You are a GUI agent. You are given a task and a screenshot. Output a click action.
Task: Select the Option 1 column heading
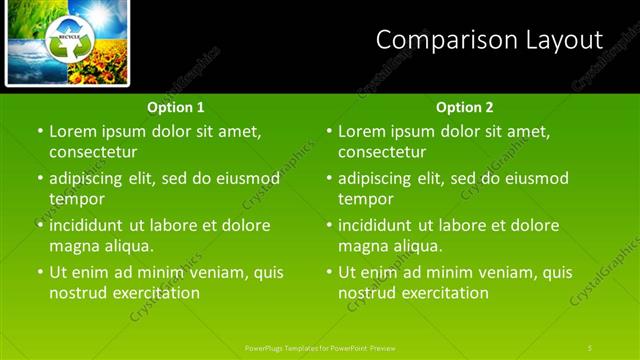(x=176, y=107)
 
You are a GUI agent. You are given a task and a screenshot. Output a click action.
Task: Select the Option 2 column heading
(x=465, y=107)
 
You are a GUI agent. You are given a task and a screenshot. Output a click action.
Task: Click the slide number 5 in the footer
(x=589, y=347)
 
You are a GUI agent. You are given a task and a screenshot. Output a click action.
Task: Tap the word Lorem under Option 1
(x=73, y=131)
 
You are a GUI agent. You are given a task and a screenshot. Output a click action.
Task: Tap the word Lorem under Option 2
(x=362, y=131)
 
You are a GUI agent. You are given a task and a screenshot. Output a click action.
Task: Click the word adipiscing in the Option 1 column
(x=92, y=178)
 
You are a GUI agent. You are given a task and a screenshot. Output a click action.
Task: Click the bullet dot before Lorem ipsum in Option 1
(x=40, y=131)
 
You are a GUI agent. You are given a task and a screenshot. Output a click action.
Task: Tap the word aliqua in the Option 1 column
(x=129, y=246)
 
